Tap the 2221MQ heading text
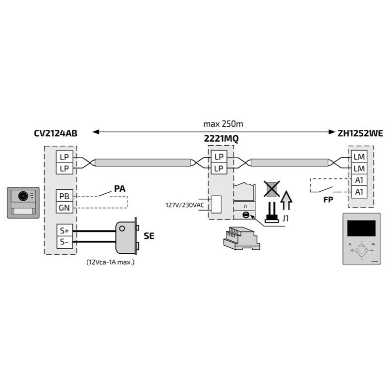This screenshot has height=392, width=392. tap(221, 139)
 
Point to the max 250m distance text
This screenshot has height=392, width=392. tap(223, 123)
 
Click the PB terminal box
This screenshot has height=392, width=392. tap(63, 195)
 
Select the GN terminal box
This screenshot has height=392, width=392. tap(63, 207)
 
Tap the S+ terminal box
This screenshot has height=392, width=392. tap(63, 230)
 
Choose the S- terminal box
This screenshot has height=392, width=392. tap(63, 242)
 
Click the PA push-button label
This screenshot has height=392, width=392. tap(119, 188)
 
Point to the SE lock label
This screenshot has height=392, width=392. tap(149, 236)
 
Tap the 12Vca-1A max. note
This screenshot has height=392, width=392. tap(110, 261)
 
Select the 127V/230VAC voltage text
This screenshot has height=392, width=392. tap(184, 204)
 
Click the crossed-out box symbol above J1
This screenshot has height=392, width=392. tap(271, 188)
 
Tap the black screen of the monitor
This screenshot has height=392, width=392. tap(361, 228)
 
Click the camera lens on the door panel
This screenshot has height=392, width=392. tap(22, 196)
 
